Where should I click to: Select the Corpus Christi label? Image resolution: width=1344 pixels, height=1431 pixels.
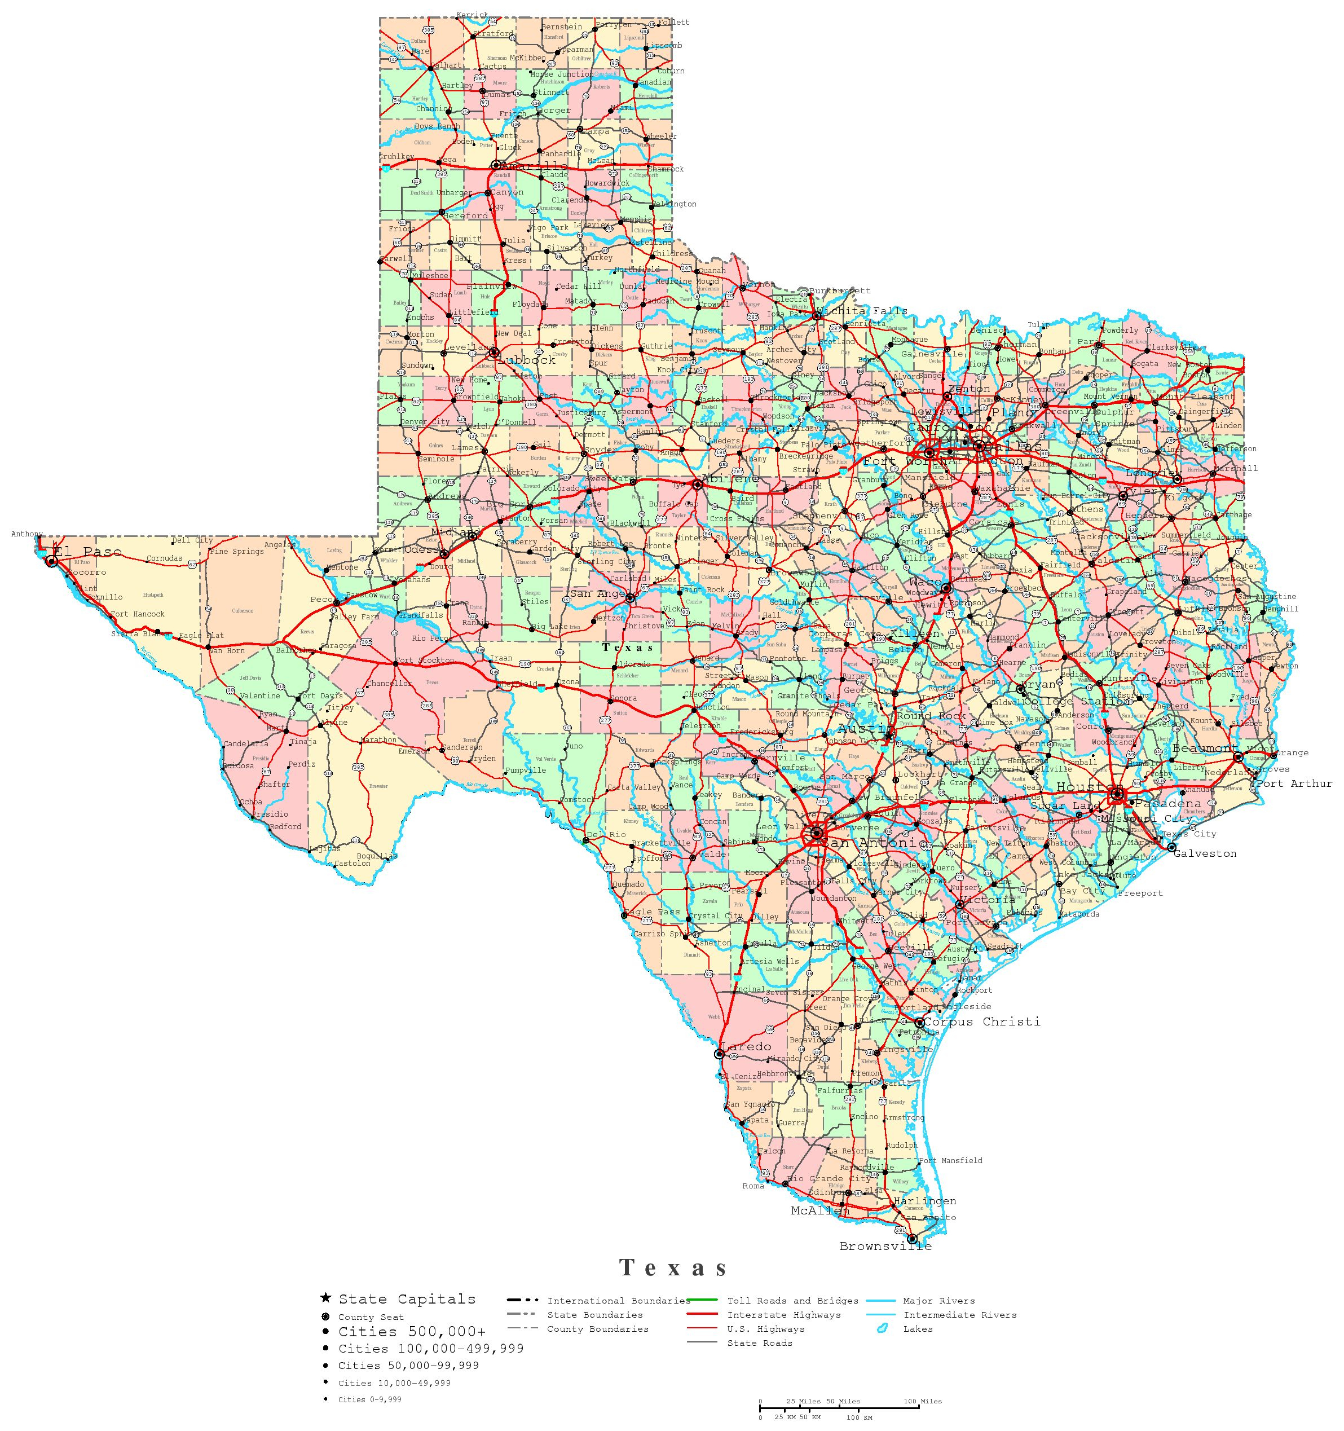pos(981,1021)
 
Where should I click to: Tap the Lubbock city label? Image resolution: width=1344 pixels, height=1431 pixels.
pos(528,360)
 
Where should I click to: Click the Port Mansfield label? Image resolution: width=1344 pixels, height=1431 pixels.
pos(950,1160)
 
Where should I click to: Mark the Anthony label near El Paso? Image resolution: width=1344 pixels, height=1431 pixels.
pos(27,534)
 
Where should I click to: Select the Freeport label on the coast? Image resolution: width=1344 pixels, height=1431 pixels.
pos(1141,893)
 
